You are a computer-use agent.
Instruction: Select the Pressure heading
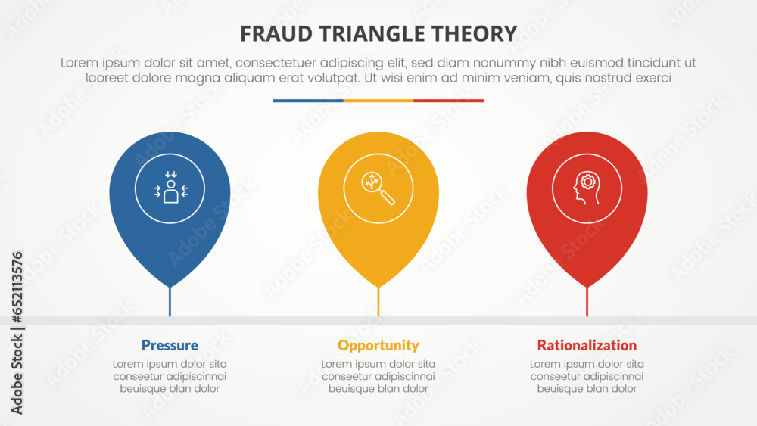point(170,345)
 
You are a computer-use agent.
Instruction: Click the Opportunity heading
point(378,345)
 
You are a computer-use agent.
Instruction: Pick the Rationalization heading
point(587,345)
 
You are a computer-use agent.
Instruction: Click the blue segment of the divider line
point(308,100)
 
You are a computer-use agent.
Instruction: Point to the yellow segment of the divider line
point(378,100)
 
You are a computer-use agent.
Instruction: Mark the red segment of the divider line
point(448,100)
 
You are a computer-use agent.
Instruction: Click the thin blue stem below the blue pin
point(170,303)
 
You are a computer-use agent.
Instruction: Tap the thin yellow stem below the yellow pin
point(378,303)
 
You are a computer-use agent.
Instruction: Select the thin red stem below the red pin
point(587,303)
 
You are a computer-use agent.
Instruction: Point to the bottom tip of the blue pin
point(170,286)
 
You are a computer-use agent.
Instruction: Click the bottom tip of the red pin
point(587,286)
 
